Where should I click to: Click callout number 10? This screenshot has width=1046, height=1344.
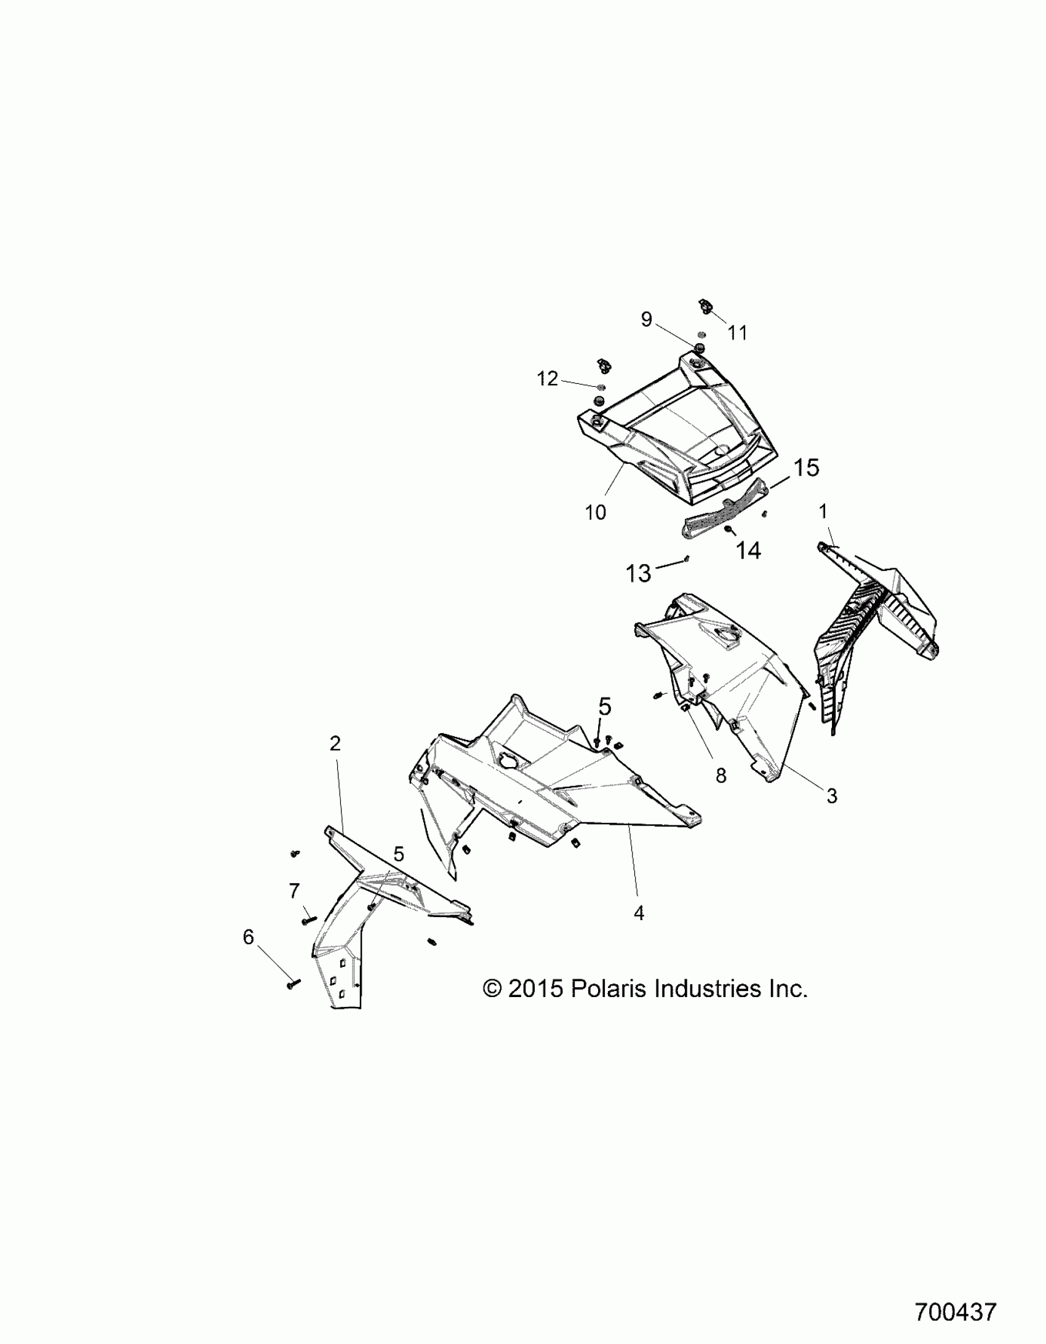coord(596,512)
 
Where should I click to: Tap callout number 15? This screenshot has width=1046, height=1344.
coord(806,467)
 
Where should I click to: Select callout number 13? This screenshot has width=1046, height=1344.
coord(639,573)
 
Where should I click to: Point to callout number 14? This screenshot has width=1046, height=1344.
coord(748,550)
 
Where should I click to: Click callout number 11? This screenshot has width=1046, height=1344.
coord(738,333)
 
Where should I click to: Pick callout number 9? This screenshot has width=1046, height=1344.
coord(647,319)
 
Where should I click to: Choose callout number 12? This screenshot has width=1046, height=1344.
coord(548,378)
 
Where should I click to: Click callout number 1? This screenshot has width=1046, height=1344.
coord(823,511)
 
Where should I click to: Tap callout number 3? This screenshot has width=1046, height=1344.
coord(832,797)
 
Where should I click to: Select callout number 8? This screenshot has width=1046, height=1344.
coord(721,776)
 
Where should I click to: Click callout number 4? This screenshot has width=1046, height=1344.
coord(639,931)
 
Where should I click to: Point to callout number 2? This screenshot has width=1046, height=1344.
coord(335,744)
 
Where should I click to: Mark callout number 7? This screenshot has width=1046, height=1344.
coord(294,891)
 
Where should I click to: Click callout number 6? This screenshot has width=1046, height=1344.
coord(248,955)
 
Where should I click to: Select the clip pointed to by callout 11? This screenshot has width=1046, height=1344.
coord(705,306)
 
